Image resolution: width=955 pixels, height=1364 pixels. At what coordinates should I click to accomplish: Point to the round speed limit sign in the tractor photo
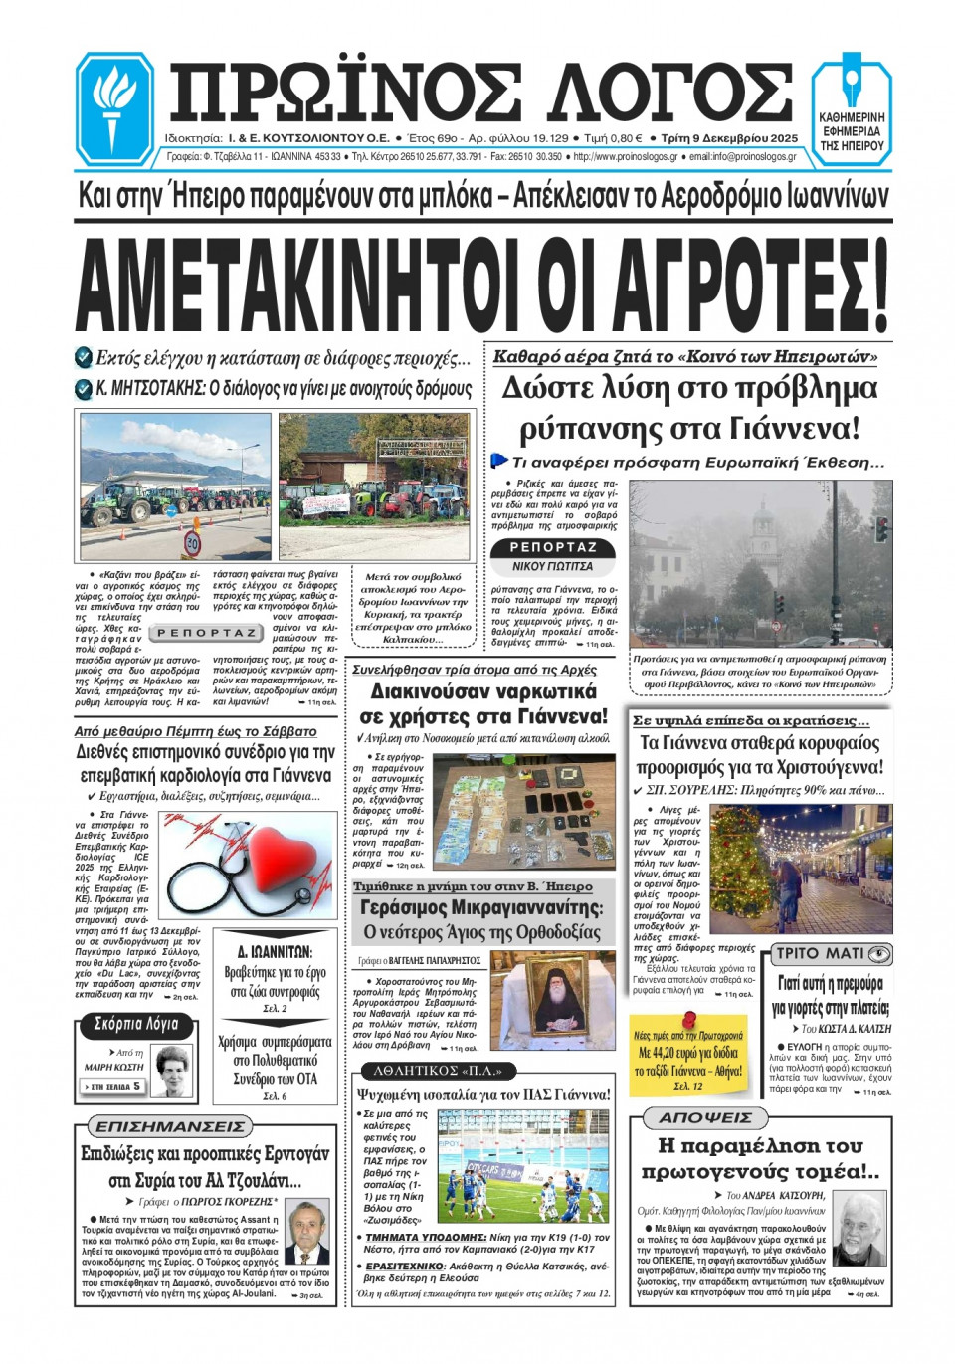pos(193,542)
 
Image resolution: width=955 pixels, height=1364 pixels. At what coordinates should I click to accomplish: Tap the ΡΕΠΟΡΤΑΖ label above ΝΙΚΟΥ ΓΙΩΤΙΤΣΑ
pos(553,547)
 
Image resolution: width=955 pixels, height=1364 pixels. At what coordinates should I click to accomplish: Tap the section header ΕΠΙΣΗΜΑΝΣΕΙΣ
pos(168,1126)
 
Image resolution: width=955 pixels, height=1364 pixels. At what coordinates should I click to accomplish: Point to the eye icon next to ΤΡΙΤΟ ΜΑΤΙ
pos(879,954)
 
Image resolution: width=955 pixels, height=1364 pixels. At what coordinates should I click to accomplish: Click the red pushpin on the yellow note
pos(688,1019)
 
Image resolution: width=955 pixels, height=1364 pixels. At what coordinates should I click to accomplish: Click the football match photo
pos(523,1167)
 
